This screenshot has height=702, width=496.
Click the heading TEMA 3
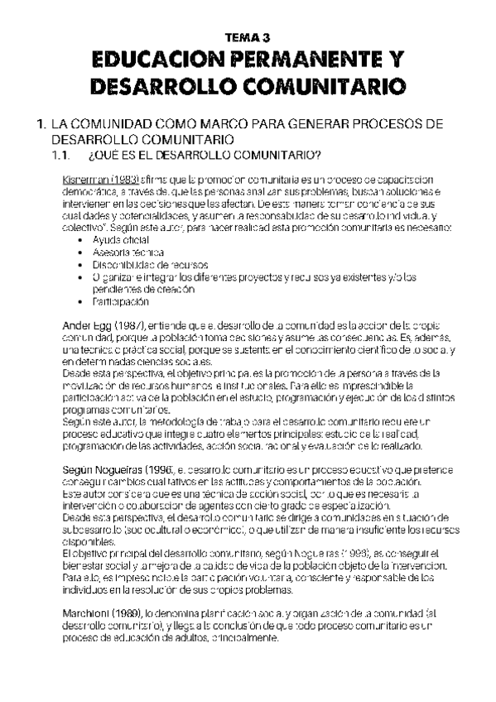(248, 37)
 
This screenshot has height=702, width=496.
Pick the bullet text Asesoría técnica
(128, 252)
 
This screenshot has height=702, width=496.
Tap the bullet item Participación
(123, 302)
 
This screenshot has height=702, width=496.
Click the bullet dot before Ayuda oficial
(79, 240)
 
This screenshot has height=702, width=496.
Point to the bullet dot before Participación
(79, 303)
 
